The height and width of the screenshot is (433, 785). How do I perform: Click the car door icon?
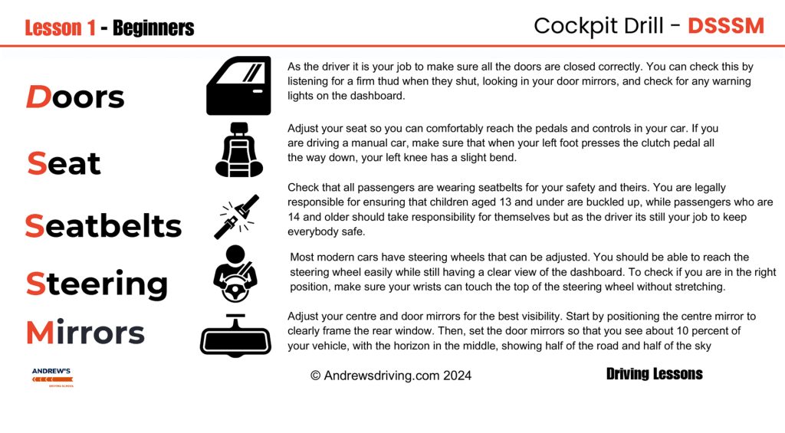238,86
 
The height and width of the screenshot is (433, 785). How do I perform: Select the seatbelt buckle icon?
236,217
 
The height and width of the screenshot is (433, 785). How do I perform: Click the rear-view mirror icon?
235,336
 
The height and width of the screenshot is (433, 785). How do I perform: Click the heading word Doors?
75,97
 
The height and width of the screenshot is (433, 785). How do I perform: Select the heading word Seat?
64,163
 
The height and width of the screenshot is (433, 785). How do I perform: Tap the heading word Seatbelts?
103,226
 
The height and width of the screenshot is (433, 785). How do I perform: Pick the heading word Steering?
97,284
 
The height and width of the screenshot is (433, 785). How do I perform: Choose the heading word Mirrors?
85,333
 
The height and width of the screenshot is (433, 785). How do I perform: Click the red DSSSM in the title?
725,26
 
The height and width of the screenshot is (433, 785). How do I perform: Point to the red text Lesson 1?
60,28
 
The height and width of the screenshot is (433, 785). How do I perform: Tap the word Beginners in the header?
153,28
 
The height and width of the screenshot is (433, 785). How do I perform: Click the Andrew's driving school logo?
52,377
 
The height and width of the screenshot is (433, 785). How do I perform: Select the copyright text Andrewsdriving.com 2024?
391,376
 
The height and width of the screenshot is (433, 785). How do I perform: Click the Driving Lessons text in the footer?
654,374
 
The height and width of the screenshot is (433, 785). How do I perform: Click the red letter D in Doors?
38,97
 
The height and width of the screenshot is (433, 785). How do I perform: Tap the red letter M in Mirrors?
39,333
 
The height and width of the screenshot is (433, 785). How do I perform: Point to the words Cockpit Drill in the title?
599,26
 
